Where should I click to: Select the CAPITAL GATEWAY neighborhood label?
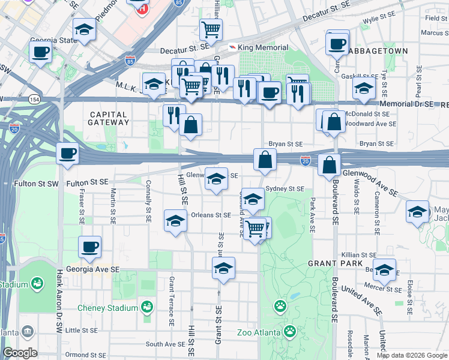(x=109, y=118)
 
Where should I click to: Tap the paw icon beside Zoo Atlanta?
(x=290, y=331)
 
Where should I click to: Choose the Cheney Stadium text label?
(x=108, y=308)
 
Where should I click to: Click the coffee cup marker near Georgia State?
(x=41, y=52)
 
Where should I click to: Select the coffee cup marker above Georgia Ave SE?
(x=90, y=246)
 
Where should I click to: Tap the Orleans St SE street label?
(x=211, y=215)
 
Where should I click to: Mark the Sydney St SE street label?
(x=285, y=188)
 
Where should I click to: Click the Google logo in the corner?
(x=20, y=353)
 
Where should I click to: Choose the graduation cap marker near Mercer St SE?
(x=384, y=271)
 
